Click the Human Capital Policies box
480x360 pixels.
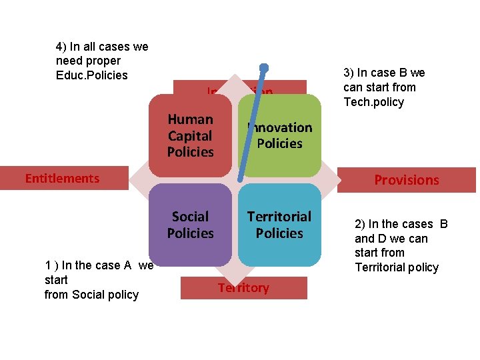(x=190, y=135)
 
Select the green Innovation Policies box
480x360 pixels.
(x=279, y=135)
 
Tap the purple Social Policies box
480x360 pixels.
(x=190, y=225)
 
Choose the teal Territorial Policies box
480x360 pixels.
(x=279, y=225)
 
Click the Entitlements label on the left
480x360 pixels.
(x=62, y=178)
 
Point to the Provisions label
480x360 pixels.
(x=407, y=180)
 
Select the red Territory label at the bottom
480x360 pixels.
(x=243, y=288)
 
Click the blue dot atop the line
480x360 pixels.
(x=264, y=67)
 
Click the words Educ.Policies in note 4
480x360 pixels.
(x=92, y=75)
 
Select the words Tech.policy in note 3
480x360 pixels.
(x=373, y=101)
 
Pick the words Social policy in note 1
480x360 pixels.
(x=105, y=295)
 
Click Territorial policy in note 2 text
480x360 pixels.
(x=397, y=267)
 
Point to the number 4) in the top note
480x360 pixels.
(x=61, y=47)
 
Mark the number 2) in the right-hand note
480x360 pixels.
(x=361, y=224)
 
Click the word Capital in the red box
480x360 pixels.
(x=190, y=135)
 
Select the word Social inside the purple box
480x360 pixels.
(x=190, y=217)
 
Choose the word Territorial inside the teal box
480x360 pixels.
(x=279, y=217)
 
